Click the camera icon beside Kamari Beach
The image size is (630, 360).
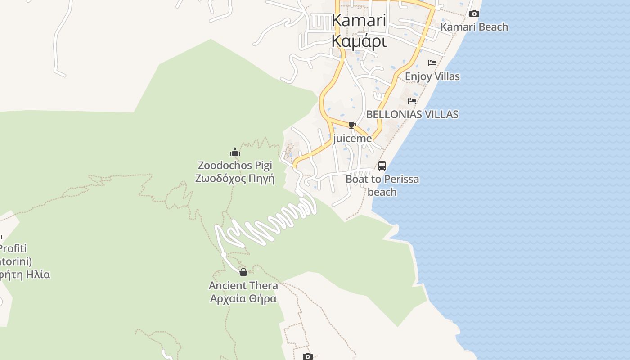click(474, 14)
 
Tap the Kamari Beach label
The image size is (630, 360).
click(474, 27)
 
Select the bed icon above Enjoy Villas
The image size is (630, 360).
click(432, 63)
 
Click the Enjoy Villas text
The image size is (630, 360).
click(432, 76)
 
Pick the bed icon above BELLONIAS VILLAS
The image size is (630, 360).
click(412, 101)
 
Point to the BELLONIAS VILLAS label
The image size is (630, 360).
click(412, 114)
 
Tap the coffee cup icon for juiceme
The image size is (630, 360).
click(352, 125)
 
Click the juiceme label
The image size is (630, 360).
click(352, 139)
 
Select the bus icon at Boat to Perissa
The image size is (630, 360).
click(382, 166)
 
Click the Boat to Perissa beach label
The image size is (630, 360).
click(382, 185)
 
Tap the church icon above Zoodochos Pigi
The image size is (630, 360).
click(235, 152)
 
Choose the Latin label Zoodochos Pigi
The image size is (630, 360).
click(235, 166)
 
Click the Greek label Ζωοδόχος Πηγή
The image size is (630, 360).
click(235, 179)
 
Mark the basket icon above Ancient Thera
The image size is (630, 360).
click(243, 272)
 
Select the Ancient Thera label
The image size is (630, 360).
click(243, 285)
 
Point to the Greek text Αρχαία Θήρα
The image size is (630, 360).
click(243, 298)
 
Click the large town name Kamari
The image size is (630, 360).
click(359, 21)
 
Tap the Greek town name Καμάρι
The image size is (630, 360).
click(359, 40)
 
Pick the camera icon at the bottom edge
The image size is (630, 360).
click(308, 357)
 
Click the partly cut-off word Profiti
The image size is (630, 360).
click(13, 248)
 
